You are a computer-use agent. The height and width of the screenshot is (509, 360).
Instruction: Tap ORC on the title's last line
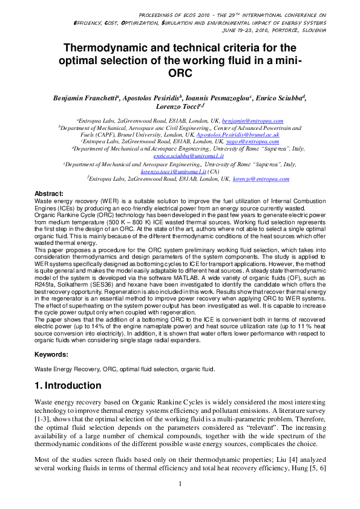coord(180,74)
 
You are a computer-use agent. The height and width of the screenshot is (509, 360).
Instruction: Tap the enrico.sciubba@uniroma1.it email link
coord(179,156)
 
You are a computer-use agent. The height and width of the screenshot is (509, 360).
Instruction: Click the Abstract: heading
coord(49,193)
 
